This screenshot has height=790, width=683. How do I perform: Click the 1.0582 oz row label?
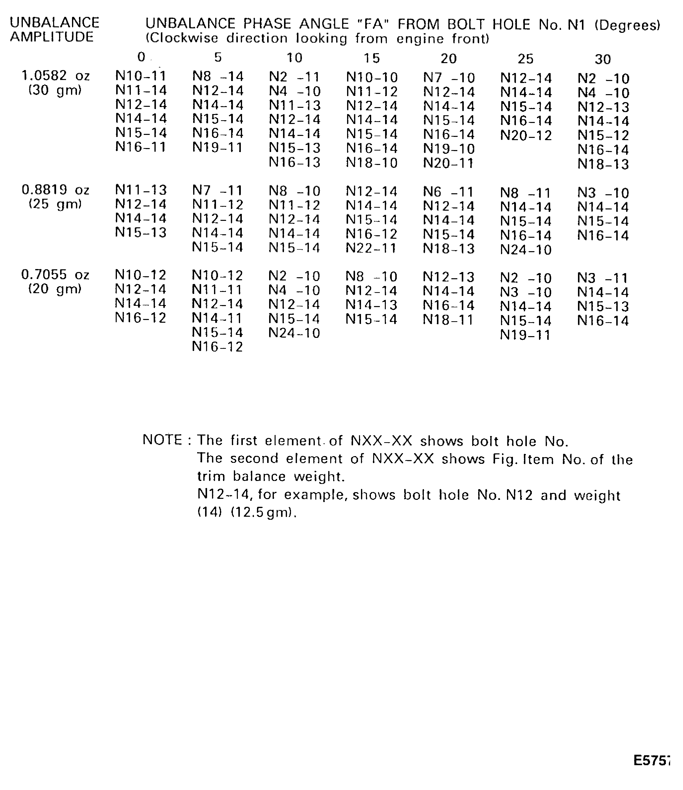56,76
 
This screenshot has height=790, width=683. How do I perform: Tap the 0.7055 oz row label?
56,275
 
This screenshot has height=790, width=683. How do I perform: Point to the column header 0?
141,57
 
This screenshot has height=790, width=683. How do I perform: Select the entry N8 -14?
218,76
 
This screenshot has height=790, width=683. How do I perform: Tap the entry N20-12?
526,135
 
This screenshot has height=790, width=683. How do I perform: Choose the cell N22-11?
372,248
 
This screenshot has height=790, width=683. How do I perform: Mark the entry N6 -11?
449,192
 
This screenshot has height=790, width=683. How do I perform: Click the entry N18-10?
372,163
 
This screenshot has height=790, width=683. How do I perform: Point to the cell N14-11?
217,318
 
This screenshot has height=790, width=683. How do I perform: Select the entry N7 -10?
449,78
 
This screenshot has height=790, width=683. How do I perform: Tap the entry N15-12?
603,135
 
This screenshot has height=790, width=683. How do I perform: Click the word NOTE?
162,440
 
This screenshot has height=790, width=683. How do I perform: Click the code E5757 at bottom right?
652,761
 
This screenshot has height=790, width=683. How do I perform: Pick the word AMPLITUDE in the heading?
52,37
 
